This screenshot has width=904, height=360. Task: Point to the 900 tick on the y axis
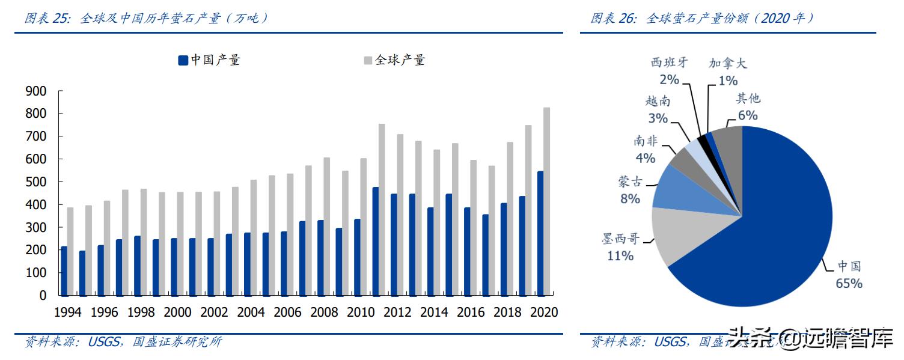(35, 91)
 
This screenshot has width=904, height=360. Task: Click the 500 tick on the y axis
(35, 182)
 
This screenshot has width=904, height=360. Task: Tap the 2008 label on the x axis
(324, 313)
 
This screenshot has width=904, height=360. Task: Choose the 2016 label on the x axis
(471, 313)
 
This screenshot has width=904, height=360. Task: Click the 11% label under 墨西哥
(620, 256)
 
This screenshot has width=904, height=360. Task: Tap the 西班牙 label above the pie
(669, 63)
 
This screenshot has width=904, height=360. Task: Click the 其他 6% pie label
(748, 107)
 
